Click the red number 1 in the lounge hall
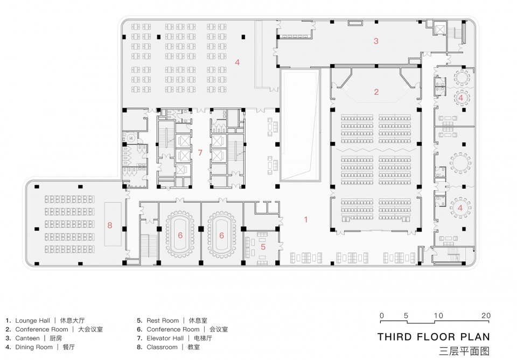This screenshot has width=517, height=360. coord(306,219)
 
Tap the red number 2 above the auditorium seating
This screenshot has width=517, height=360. coord(376,92)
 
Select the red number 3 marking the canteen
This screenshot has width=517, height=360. coord(376,41)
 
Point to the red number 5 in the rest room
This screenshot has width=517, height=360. coord(263,247)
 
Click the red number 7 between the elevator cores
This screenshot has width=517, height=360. coord(200,153)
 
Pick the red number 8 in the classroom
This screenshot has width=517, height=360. coord(110,225)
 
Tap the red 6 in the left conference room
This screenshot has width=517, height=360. coord(180,236)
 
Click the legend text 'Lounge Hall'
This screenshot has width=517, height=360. coord(33,321)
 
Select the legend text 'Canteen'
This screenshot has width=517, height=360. coord(27,338)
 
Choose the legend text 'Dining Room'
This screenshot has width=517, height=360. coord(34,347)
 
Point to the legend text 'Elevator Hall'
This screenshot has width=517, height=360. coord(165,338)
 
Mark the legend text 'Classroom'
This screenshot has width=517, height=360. coord(162,347)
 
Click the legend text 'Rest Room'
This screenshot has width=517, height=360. coord(163,321)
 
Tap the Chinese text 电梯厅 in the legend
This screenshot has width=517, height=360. coord(203,338)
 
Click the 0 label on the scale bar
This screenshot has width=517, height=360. coord(381,315)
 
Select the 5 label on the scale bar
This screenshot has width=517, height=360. coord(406,315)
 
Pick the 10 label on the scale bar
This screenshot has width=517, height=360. coord(438,315)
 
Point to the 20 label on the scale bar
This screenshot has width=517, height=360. coord(486,315)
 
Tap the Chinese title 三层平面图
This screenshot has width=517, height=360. coord(464,351)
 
